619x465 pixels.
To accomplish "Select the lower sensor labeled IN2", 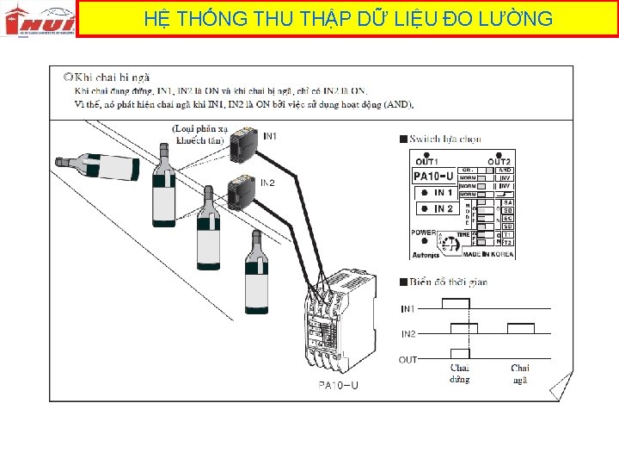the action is click(242, 192).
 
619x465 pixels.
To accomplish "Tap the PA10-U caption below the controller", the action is click(338, 385).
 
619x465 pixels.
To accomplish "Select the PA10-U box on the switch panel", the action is click(433, 177).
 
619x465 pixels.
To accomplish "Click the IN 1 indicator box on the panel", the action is click(435, 193).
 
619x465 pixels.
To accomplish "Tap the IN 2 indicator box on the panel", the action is click(435, 208).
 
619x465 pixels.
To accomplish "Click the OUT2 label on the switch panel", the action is click(499, 161).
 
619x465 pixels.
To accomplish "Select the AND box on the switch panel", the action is click(506, 170).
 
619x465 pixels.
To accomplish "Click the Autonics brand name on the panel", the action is click(424, 254).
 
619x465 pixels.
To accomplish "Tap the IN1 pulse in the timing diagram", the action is click(456, 303).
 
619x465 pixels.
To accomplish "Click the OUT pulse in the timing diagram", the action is click(459, 354).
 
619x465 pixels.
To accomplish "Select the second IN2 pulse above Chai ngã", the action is click(521, 328).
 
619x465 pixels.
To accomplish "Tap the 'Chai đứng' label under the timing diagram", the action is click(460, 374).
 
